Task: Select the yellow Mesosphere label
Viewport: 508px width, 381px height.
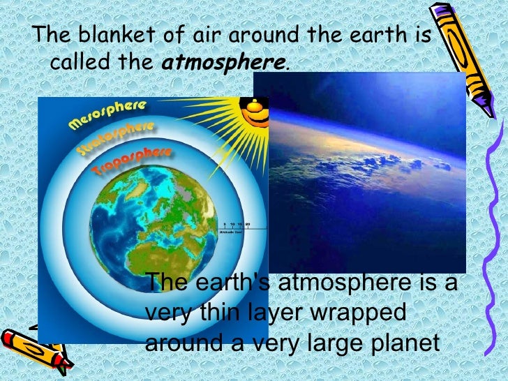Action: click(x=107, y=115)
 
